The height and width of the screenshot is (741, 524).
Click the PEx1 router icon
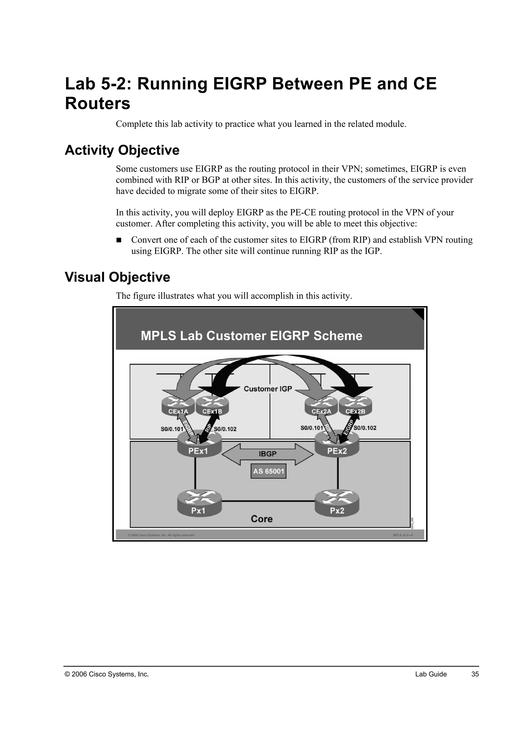[199, 444]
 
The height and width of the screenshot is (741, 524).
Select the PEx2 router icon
[337, 444]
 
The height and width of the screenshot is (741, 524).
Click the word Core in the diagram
[262, 519]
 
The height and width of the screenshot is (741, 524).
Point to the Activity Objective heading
[122, 150]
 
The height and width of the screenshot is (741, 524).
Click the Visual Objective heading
[117, 277]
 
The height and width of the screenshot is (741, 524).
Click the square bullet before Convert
[119, 240]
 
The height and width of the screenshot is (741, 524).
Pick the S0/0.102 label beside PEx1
[225, 429]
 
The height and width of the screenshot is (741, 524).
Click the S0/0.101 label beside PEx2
[311, 428]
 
